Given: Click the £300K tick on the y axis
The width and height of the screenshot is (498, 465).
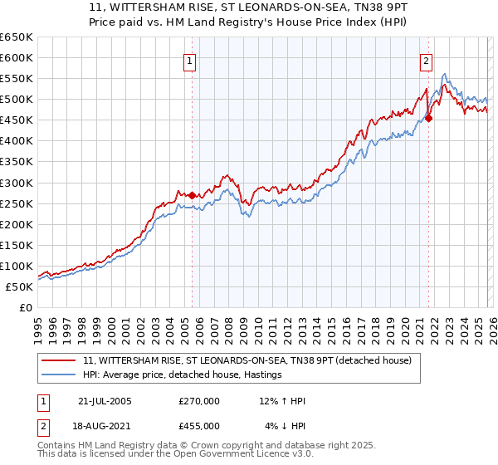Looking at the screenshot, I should pyautogui.click(x=17, y=183).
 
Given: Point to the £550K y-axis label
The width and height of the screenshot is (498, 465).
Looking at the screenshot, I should pyautogui.click(x=17, y=79).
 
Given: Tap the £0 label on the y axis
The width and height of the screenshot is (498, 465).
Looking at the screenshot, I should pyautogui.click(x=25, y=308).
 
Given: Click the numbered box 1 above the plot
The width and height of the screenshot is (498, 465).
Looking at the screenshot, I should pyautogui.click(x=191, y=61).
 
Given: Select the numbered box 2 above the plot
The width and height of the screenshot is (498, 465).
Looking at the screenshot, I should pyautogui.click(x=427, y=61).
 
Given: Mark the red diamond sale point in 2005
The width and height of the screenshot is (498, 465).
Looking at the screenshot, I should pyautogui.click(x=192, y=195).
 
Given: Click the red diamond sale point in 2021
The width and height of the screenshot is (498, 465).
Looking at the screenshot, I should pyautogui.click(x=428, y=118).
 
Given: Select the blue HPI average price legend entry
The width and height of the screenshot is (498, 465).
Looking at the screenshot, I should pyautogui.click(x=183, y=374).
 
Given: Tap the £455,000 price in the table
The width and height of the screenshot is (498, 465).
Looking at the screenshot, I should pyautogui.click(x=198, y=425).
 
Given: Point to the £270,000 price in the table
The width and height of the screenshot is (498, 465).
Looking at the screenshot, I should pyautogui.click(x=198, y=401).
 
